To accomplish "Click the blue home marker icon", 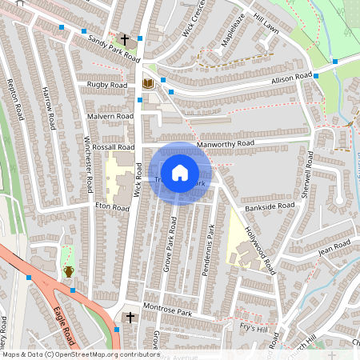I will pos(180,172).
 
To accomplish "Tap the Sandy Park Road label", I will pos(114,50).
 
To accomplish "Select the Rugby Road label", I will pos(107,85).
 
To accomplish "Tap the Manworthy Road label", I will pos(225,144).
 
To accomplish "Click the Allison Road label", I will pos(290,78).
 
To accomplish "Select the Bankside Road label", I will pos(270,206).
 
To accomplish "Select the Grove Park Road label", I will pos(170,244).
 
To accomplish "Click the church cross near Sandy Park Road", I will pos(124,39).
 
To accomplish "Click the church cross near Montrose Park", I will pos(130,318).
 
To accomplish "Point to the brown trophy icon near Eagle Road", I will pos(69,271).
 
